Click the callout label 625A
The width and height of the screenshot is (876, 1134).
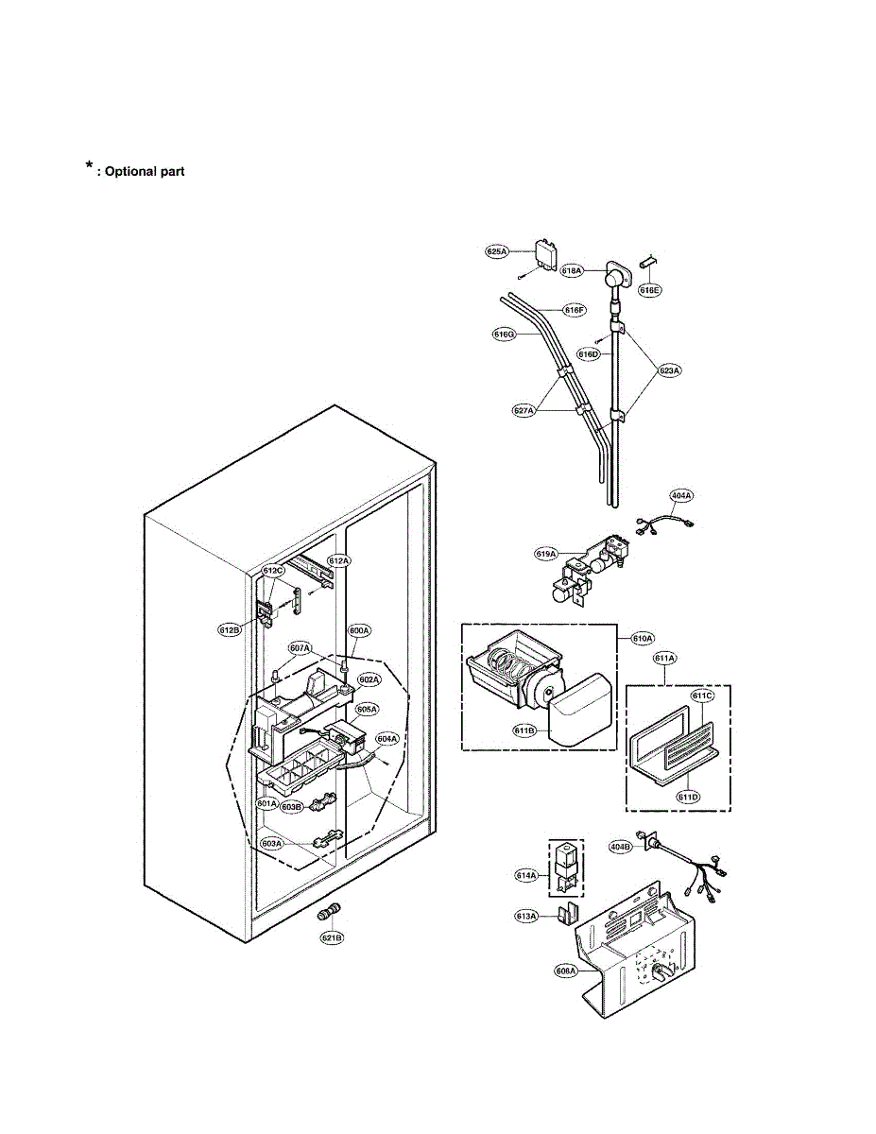497,252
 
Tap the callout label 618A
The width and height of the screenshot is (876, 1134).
573,270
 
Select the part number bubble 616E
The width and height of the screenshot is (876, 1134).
649,290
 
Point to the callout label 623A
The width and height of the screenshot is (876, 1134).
669,371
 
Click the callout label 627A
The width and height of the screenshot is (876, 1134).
524,410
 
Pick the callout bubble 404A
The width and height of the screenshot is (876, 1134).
681,494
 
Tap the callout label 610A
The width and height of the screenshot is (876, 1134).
643,639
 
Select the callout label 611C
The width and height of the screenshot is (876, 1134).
701,696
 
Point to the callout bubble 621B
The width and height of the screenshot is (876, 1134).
332,937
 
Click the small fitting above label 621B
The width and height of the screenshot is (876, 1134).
330,913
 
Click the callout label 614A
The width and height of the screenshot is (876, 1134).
526,875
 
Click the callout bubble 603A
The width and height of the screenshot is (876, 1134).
271,844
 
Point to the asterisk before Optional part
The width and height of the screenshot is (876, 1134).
89,166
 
